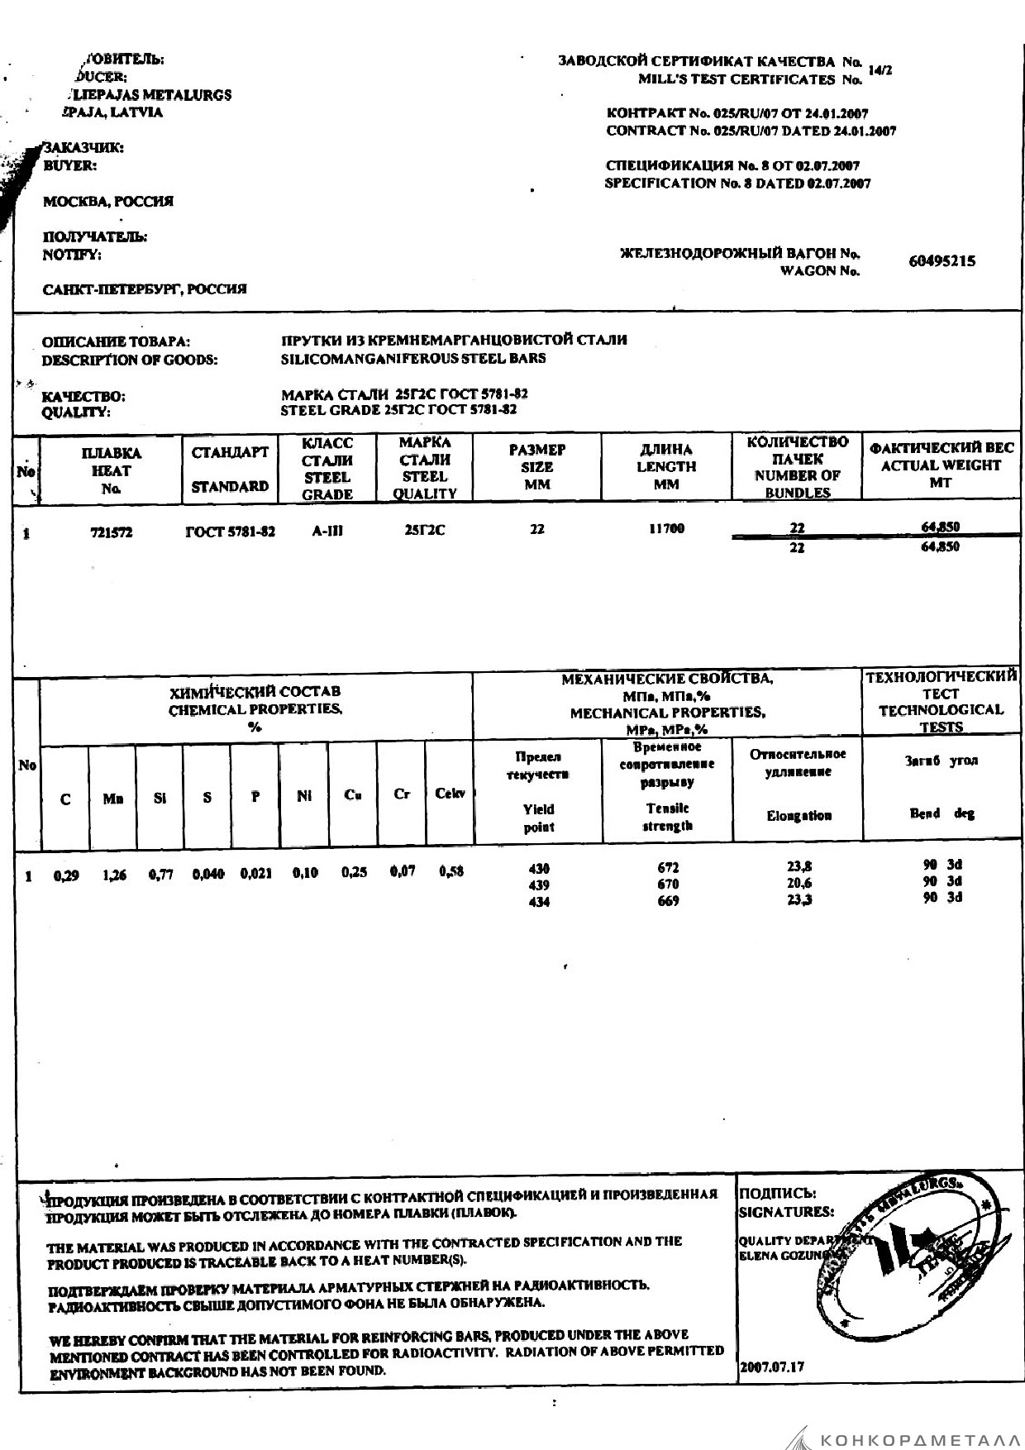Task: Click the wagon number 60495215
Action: [x=942, y=261]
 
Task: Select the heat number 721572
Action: [x=111, y=533]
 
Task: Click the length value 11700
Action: [x=666, y=528]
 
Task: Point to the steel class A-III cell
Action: [x=327, y=532]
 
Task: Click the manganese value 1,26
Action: [x=114, y=875]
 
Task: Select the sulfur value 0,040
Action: [x=207, y=874]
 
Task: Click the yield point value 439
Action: [x=538, y=885]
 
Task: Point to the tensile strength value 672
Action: [x=667, y=868]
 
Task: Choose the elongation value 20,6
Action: [x=799, y=884]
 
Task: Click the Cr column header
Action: [x=402, y=794]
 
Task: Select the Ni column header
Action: [x=304, y=796]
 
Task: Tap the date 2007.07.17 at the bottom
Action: [x=772, y=1367]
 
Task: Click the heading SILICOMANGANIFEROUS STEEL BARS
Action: [x=413, y=358]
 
